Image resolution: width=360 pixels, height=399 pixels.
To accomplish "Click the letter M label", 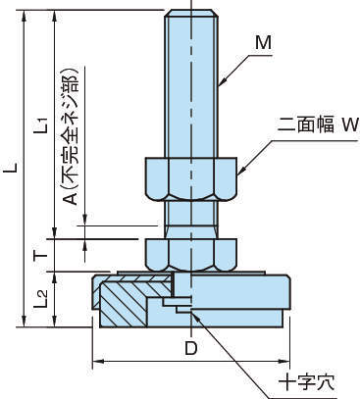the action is point(264,43).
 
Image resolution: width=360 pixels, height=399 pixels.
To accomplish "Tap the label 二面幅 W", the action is point(318,125).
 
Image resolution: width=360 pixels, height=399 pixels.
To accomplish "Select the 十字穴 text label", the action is point(306,381).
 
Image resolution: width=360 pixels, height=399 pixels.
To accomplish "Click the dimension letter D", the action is point(191,348).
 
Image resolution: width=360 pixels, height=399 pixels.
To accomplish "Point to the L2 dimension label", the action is point(42,299).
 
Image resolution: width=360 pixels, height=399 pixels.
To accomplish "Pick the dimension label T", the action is point(41,255).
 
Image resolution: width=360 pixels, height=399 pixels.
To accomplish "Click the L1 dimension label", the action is point(42,125).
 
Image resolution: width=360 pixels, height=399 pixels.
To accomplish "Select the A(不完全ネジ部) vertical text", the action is point(71,136).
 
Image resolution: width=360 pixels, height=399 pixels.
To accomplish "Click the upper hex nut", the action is point(191,178).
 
